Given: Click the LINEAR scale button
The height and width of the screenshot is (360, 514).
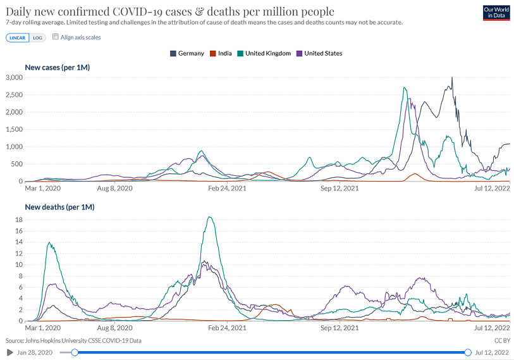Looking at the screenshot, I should coord(17,37).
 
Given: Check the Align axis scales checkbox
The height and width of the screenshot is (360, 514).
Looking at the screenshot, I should coord(56,37).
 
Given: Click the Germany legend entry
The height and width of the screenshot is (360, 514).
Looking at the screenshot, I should coord(187,53).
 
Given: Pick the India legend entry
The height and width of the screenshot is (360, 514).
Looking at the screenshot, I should coord(220,53).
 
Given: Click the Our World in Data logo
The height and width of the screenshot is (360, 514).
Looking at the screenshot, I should coord(496,12).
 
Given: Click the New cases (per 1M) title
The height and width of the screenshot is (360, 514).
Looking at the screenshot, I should coord(56,67).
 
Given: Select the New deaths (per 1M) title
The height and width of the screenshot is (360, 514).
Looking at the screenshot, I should coord(59,206).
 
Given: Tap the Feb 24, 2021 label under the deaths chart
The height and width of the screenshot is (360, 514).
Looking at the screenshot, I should coord(228,328).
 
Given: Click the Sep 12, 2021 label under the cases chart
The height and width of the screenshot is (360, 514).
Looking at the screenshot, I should coord(340,188).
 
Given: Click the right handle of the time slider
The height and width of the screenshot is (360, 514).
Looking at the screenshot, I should coord(468,352).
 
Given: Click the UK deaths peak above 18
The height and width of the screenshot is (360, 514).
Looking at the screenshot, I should coord(209,218).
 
